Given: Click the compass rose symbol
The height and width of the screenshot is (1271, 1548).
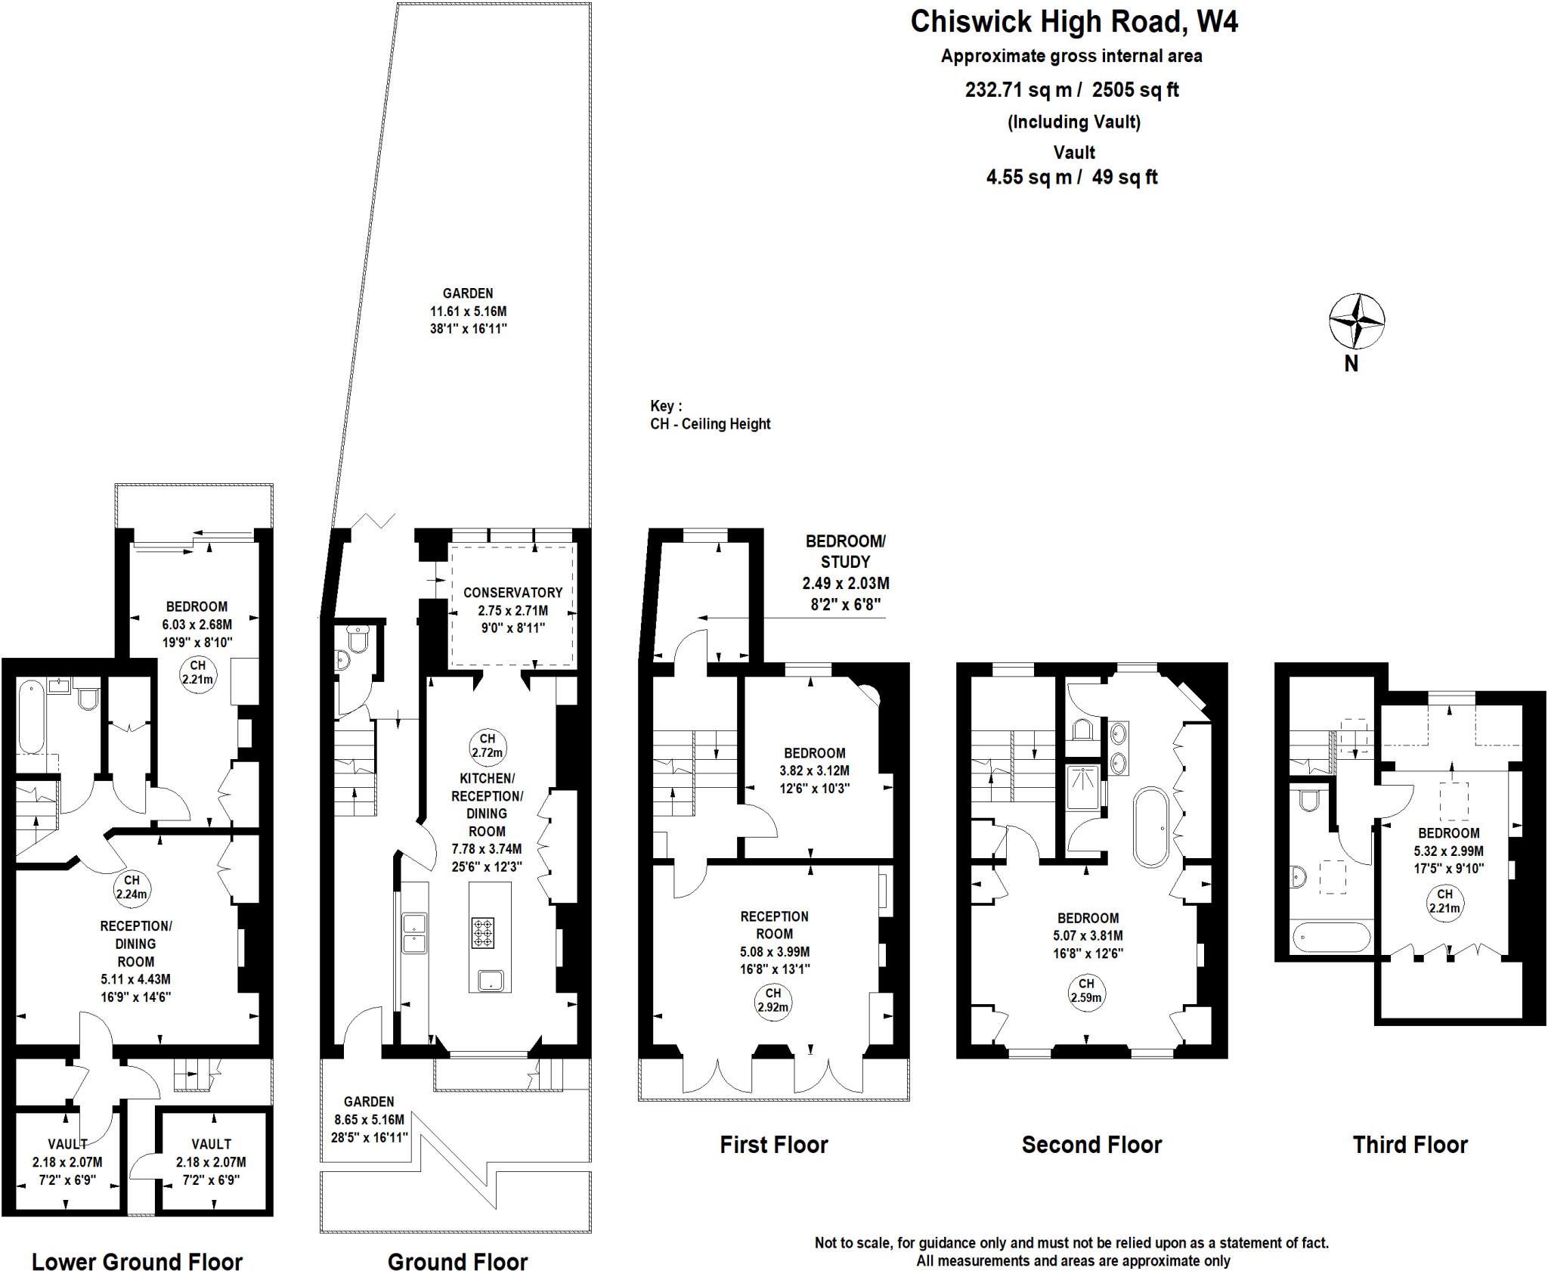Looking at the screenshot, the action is point(1357,321).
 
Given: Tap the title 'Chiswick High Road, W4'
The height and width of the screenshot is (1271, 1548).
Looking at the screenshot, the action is point(1073,22).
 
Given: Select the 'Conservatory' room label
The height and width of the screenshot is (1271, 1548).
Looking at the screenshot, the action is point(512,593).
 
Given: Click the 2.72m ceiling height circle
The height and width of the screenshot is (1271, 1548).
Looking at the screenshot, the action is point(488,746).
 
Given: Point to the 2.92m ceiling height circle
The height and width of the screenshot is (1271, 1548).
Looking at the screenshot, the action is point(772,1000).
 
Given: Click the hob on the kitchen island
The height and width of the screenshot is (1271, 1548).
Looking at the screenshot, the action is point(483,932).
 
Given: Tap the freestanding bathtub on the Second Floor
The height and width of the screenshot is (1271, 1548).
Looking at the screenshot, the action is point(1150,826).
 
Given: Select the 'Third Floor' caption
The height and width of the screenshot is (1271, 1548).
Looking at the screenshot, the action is point(1410,1145).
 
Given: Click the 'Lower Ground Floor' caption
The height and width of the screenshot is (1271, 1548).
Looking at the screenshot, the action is point(137,1262).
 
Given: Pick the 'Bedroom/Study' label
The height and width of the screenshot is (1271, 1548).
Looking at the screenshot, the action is point(845,551).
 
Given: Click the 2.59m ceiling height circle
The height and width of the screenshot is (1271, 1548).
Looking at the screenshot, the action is point(1086,990).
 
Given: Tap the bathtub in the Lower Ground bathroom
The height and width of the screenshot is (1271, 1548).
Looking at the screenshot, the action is point(31,717).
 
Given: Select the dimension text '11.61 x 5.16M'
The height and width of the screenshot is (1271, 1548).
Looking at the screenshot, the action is point(468,311).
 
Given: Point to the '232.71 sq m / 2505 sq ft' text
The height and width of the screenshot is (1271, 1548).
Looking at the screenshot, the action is point(1071,90).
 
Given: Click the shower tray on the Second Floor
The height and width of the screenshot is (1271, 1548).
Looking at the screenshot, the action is point(1083,788).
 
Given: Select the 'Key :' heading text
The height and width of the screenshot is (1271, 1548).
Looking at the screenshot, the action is point(666,406).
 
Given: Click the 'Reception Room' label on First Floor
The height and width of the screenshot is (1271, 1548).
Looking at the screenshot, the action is point(774,925).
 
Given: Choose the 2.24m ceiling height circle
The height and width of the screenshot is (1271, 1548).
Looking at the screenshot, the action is point(132,887).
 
